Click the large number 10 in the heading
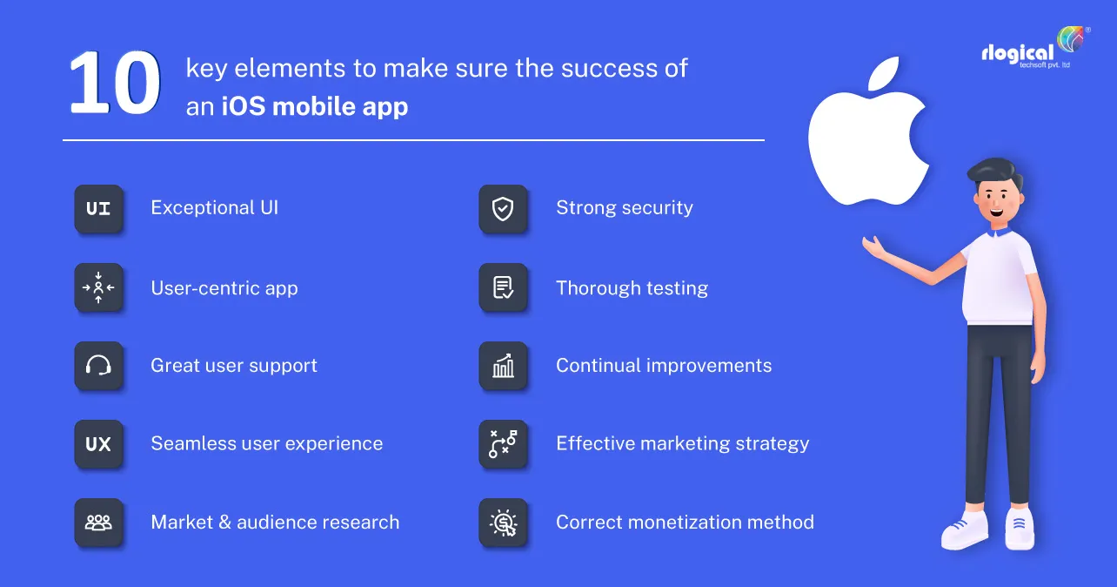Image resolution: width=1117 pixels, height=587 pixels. click(x=115, y=83)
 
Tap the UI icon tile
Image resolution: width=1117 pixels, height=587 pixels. click(x=98, y=209)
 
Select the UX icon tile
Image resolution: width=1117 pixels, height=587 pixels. click(x=98, y=444)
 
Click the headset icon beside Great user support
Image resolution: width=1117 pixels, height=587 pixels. click(x=98, y=366)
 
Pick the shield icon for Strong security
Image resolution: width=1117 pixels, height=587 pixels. click(x=503, y=209)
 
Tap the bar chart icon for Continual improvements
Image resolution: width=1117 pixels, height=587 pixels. click(x=503, y=366)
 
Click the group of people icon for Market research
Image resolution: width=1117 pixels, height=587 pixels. click(x=98, y=522)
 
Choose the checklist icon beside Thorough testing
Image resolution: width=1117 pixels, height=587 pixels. click(x=503, y=287)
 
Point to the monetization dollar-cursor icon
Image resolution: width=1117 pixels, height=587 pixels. click(x=503, y=522)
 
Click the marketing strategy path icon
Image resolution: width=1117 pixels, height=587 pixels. click(x=503, y=444)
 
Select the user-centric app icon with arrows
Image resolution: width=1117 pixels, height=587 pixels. click(x=98, y=287)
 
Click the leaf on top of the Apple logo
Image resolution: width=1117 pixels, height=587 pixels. click(x=884, y=74)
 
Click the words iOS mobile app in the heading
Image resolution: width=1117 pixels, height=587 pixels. click(x=315, y=106)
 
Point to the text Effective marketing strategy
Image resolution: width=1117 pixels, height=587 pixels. click(x=682, y=444)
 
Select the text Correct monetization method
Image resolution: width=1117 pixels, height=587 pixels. click(x=685, y=522)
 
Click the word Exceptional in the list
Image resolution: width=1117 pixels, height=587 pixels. click(x=203, y=207)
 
